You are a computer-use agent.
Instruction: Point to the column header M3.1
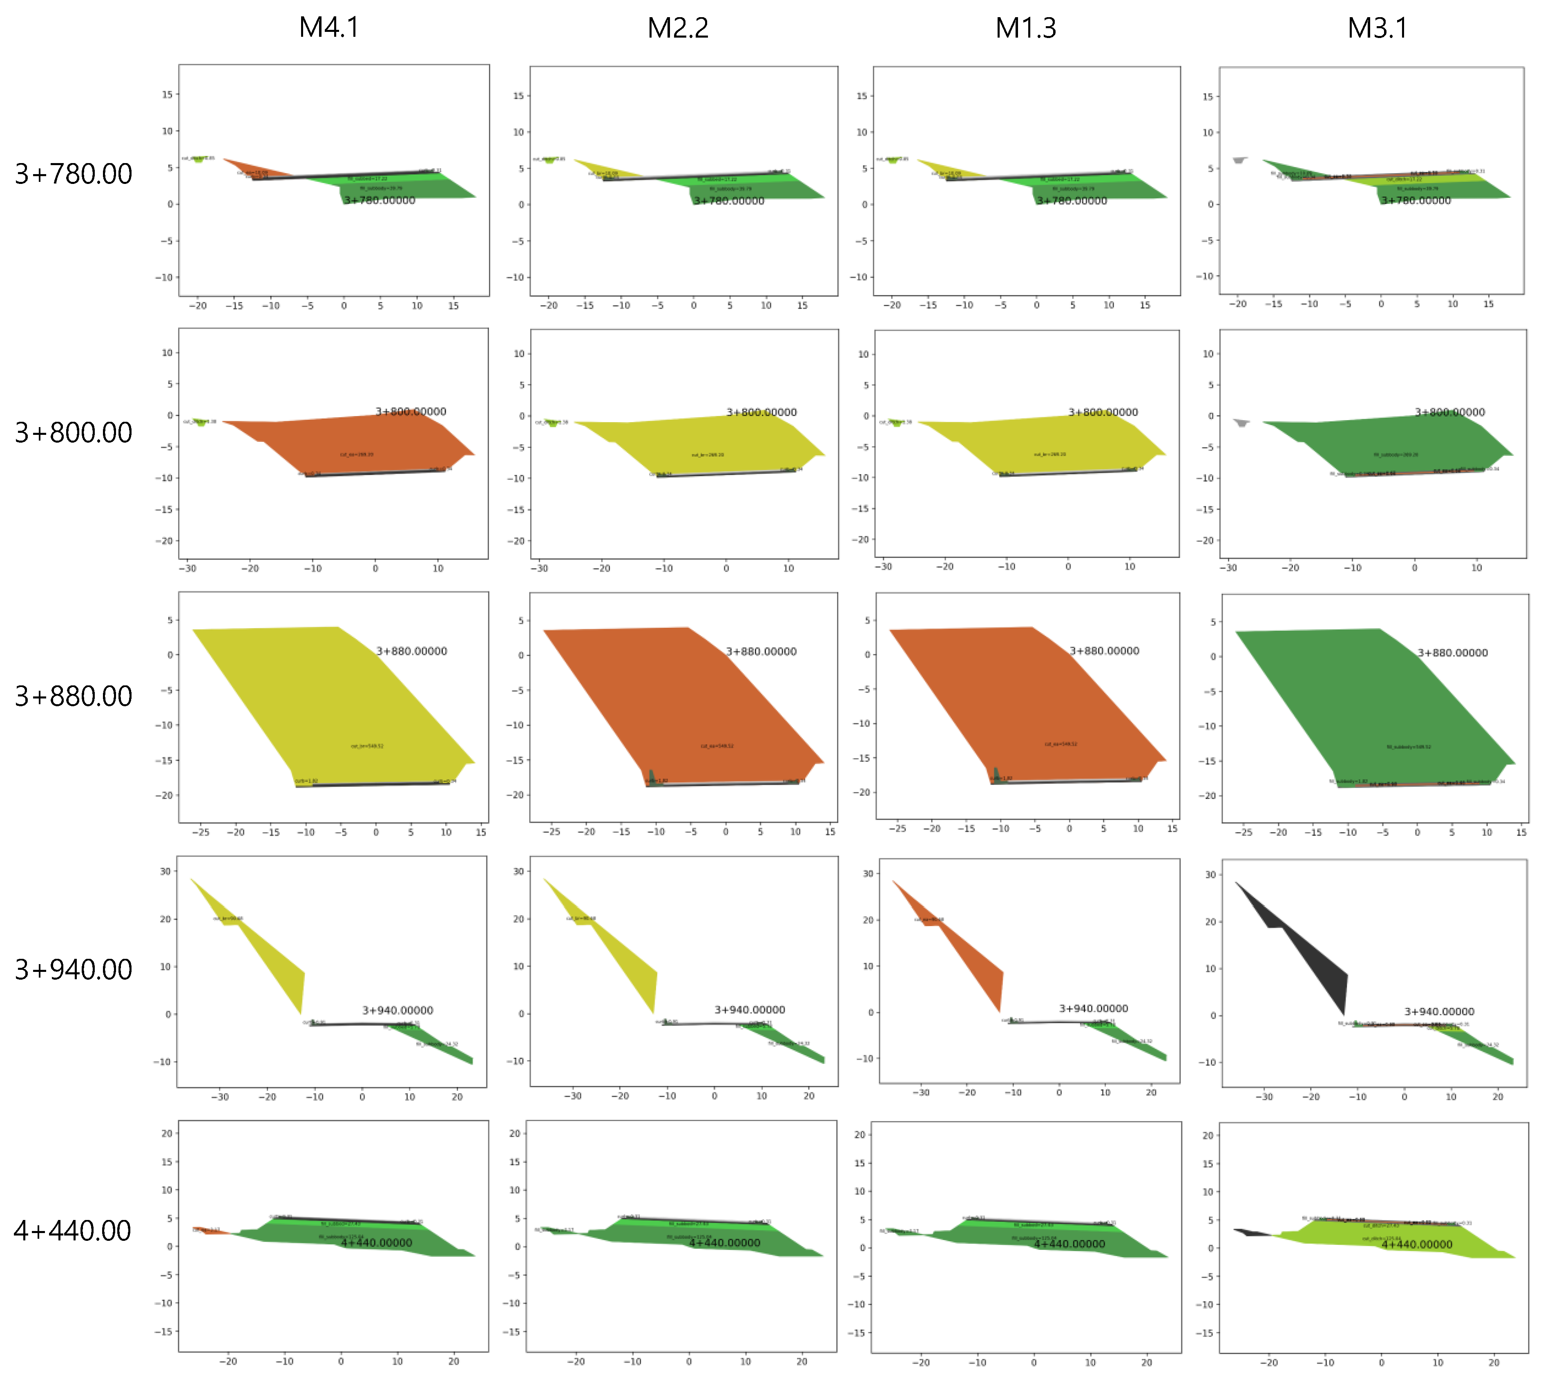click(x=1378, y=28)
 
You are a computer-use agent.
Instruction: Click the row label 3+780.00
click(x=74, y=174)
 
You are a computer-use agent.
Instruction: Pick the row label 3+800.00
click(x=74, y=432)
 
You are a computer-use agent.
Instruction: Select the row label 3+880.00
click(x=74, y=696)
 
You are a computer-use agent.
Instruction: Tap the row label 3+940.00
click(x=74, y=969)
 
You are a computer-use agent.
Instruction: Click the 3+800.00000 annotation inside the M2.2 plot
click(x=761, y=412)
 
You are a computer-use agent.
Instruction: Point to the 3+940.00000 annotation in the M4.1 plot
click(x=397, y=1010)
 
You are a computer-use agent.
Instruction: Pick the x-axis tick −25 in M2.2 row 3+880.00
click(x=551, y=832)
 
